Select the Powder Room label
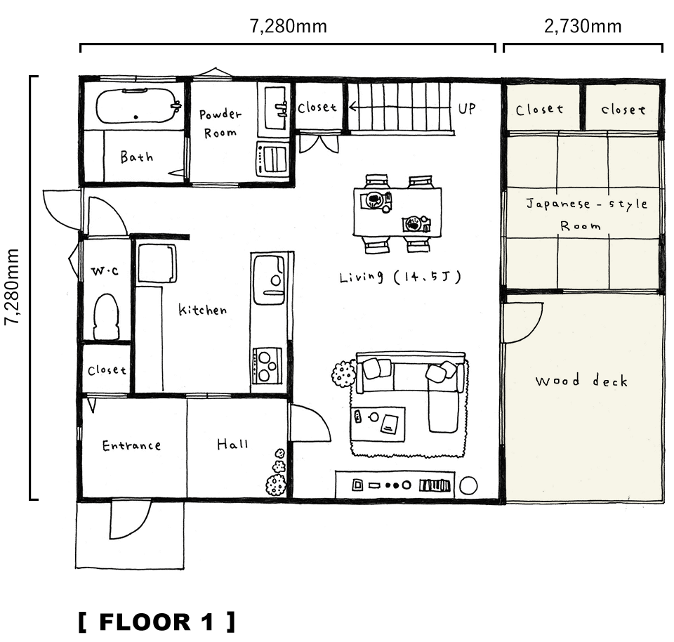point(220,124)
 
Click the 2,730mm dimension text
point(583,27)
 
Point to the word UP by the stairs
point(467,108)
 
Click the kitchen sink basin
point(269,280)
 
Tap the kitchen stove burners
point(267,366)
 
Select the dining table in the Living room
point(397,211)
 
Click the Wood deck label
point(581,381)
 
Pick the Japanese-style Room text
point(586,214)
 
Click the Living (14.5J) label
point(400,277)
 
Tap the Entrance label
point(131,445)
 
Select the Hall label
point(232,444)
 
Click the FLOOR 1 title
point(157,622)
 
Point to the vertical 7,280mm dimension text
point(12,287)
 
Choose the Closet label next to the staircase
point(317,107)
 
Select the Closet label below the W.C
point(107,369)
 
